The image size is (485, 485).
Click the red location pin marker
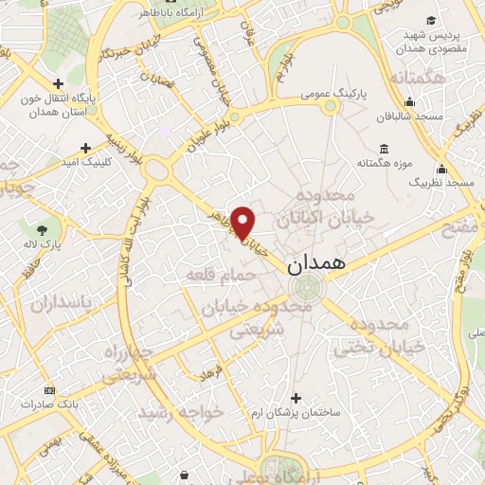coord(243,223)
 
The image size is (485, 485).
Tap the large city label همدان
coord(314,263)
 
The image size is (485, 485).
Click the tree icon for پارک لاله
coord(42,228)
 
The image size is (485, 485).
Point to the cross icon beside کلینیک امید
coord(86,148)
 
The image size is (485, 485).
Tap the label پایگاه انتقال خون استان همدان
coord(49,105)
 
